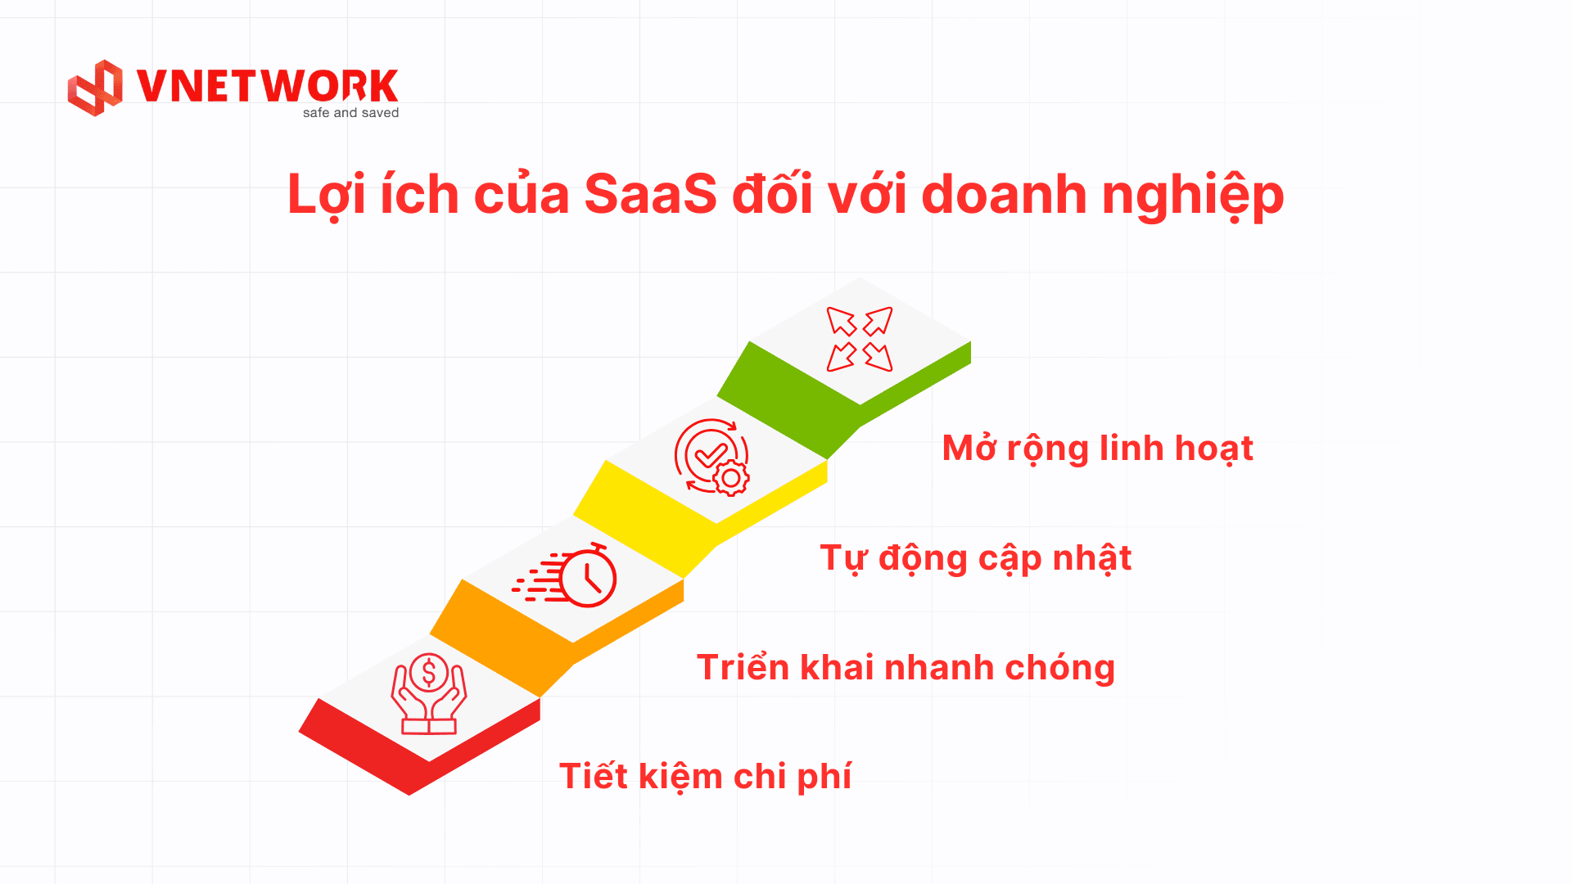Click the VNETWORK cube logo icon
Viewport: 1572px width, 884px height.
[x=95, y=88]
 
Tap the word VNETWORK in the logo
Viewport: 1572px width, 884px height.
[x=267, y=86]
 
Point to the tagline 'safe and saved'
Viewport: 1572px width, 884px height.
[x=350, y=113]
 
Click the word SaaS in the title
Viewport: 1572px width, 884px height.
[x=650, y=195]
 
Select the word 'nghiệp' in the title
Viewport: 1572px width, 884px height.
[x=1193, y=196]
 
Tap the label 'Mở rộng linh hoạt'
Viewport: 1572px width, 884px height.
[x=1097, y=449]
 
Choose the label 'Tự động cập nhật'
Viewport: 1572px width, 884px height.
[x=975, y=558]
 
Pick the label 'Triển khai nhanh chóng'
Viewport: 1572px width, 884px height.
[x=906, y=667]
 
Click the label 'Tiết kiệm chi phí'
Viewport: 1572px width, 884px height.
[x=705, y=776]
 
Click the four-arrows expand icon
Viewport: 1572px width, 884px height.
[x=860, y=339]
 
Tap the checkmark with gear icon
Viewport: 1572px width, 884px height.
[x=711, y=457]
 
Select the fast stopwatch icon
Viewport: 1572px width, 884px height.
[x=565, y=575]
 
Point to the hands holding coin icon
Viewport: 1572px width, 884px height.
[x=428, y=694]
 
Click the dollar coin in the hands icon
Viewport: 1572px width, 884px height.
[x=428, y=673]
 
